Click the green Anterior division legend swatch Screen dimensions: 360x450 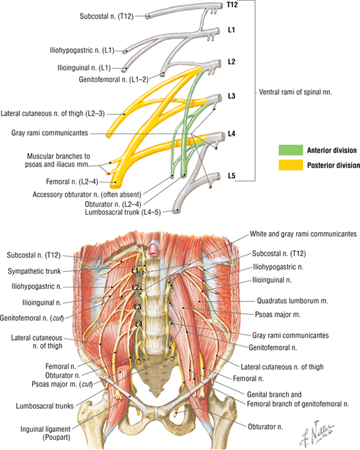coord(291,150)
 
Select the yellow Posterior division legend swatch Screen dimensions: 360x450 coord(291,165)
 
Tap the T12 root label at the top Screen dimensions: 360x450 coord(232,4)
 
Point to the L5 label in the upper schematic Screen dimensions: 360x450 coord(231,175)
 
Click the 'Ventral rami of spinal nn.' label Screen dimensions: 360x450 coord(296,92)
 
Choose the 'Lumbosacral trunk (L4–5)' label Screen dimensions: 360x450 coord(123,212)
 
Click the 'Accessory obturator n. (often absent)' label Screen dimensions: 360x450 coord(87,195)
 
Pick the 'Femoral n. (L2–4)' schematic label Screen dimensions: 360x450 coord(72,182)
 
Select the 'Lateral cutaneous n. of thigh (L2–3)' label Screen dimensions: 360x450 coord(53,114)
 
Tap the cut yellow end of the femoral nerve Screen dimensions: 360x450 coord(115,184)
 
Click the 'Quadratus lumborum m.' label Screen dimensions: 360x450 coord(292,301)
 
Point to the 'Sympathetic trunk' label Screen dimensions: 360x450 coord(34,271)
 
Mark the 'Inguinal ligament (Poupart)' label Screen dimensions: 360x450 coord(46,433)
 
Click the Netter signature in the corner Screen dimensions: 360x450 coord(317,433)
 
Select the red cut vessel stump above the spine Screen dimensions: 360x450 coord(154,250)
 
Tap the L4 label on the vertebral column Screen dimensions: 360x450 coord(139,324)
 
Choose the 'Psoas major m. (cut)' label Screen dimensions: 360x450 coord(62,384)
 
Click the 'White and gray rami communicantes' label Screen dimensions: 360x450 coord(303,234)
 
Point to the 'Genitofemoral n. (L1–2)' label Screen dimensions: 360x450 coord(114,80)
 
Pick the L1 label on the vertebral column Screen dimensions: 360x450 coord(135,271)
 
